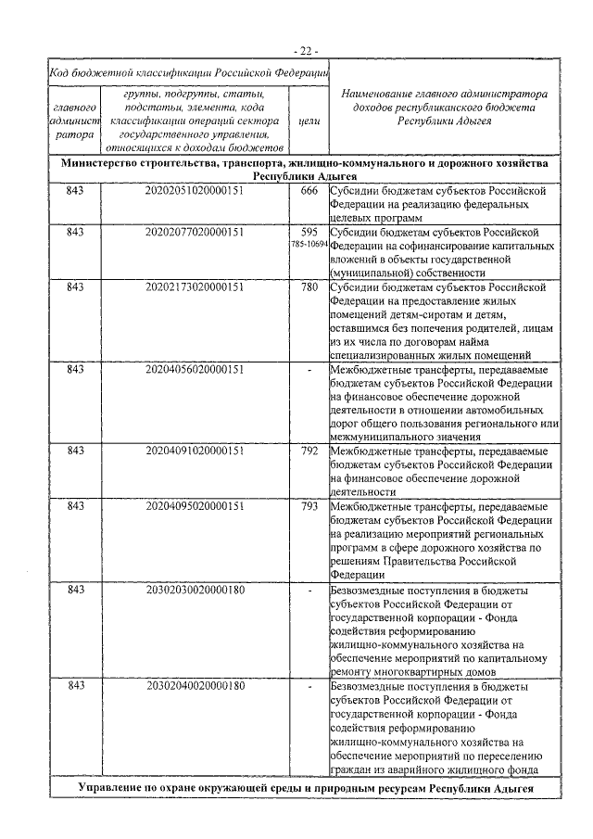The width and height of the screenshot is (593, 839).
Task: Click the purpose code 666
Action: pos(309,191)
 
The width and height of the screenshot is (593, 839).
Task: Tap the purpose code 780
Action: pos(309,286)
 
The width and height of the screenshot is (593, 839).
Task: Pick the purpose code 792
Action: pos(309,451)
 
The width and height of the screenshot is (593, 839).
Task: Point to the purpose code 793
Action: pos(309,506)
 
